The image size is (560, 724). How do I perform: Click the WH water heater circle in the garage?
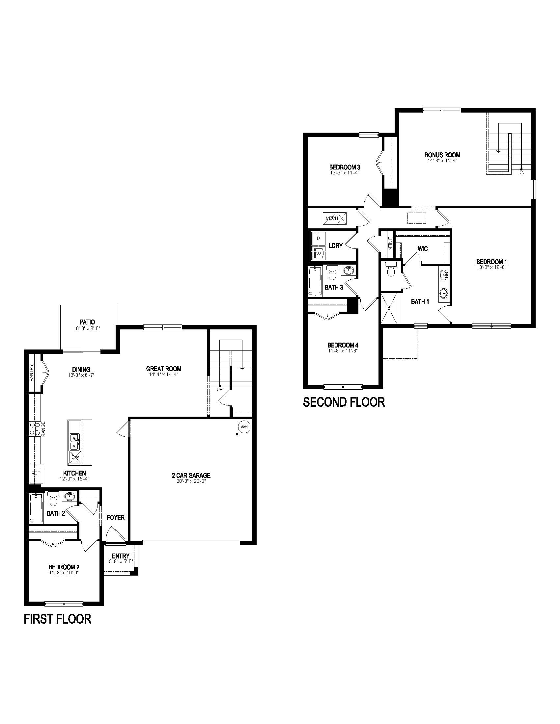click(244, 427)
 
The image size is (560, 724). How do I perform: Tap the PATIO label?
click(87, 322)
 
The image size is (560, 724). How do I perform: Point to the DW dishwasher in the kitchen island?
click(75, 457)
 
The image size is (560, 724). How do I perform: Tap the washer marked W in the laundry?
click(319, 254)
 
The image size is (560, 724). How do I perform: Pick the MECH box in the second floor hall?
click(334, 218)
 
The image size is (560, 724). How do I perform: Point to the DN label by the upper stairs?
click(521, 173)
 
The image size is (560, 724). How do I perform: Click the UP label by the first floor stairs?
click(220, 389)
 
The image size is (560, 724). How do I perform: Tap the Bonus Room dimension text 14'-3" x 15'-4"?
click(442, 161)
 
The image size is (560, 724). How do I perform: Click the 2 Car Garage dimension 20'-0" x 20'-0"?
click(191, 481)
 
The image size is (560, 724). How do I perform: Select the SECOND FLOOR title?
click(344, 402)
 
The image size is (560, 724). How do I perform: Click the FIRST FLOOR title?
click(57, 619)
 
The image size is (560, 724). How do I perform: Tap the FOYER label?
click(115, 518)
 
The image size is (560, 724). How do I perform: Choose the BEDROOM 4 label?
click(343, 345)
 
